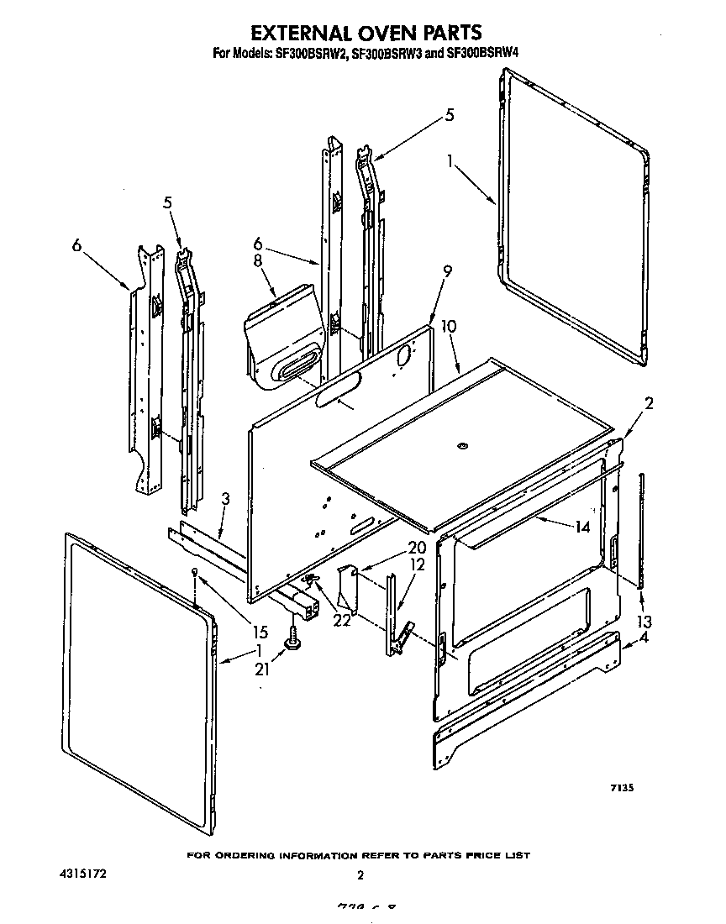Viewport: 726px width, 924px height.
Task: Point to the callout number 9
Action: tap(447, 270)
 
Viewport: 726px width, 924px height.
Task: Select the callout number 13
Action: tap(645, 622)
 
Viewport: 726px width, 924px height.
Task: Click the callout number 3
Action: tap(224, 501)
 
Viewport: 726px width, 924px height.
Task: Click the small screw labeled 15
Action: tap(194, 573)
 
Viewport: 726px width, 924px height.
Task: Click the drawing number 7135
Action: tap(621, 788)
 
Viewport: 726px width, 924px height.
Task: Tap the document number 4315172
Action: tap(82, 874)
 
